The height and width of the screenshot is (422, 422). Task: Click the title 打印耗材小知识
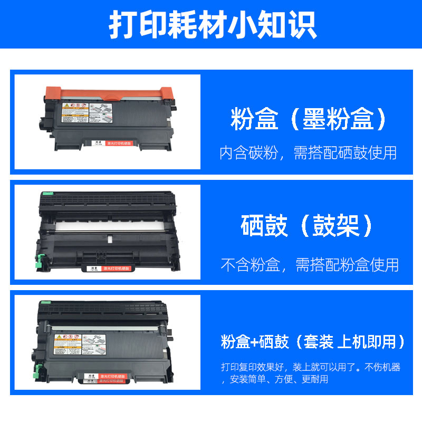point(211,24)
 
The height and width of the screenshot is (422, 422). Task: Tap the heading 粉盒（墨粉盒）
point(308,119)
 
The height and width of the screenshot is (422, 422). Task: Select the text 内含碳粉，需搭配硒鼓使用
point(308,153)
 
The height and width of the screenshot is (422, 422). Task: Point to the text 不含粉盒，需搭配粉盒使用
point(309,264)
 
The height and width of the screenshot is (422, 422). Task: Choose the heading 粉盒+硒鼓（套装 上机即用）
point(313,342)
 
